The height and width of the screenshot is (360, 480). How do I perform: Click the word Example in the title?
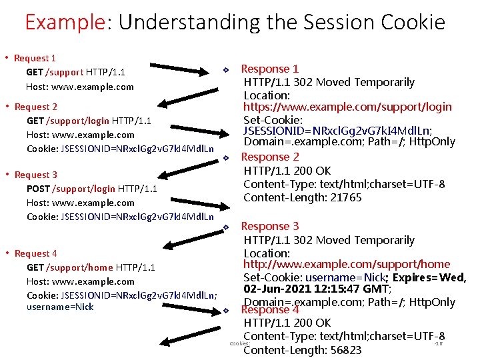click(65, 22)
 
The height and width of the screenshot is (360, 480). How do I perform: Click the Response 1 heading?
click(269, 69)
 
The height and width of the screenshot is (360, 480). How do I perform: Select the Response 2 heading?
click(269, 157)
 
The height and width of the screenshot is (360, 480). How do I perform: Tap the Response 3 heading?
click(269, 226)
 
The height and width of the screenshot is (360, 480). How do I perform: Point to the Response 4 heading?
click(269, 310)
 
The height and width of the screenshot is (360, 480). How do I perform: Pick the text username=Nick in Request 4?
click(60, 307)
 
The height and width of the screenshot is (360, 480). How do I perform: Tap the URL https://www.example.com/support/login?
click(347, 107)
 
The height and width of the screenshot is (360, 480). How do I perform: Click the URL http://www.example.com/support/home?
click(347, 264)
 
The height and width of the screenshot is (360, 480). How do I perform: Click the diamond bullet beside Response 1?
click(226, 70)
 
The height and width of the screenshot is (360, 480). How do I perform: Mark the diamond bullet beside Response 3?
click(226, 227)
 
